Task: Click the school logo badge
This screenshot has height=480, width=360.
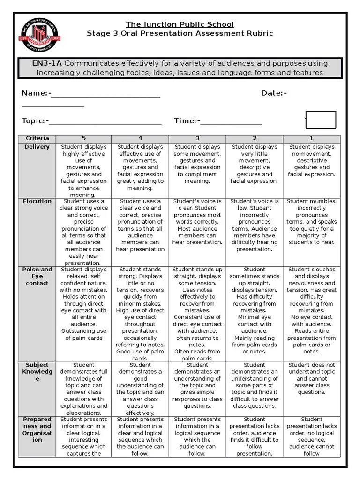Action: (40, 38)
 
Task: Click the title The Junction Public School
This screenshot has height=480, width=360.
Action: (180, 24)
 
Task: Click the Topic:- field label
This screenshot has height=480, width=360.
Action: (35, 121)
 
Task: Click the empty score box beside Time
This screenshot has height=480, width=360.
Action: (321, 120)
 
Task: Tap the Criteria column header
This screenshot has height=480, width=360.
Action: (37, 138)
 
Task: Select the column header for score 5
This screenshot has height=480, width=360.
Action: (84, 138)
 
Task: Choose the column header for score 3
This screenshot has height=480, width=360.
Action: (197, 138)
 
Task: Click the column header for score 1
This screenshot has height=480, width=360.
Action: (312, 138)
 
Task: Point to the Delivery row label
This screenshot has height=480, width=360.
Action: (37, 147)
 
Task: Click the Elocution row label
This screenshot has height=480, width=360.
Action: (37, 201)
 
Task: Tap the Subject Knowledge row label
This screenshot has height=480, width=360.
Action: (37, 371)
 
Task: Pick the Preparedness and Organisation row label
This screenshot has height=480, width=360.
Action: (37, 429)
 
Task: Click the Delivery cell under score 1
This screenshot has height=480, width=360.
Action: (312, 160)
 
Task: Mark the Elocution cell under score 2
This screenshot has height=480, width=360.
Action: (255, 225)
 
